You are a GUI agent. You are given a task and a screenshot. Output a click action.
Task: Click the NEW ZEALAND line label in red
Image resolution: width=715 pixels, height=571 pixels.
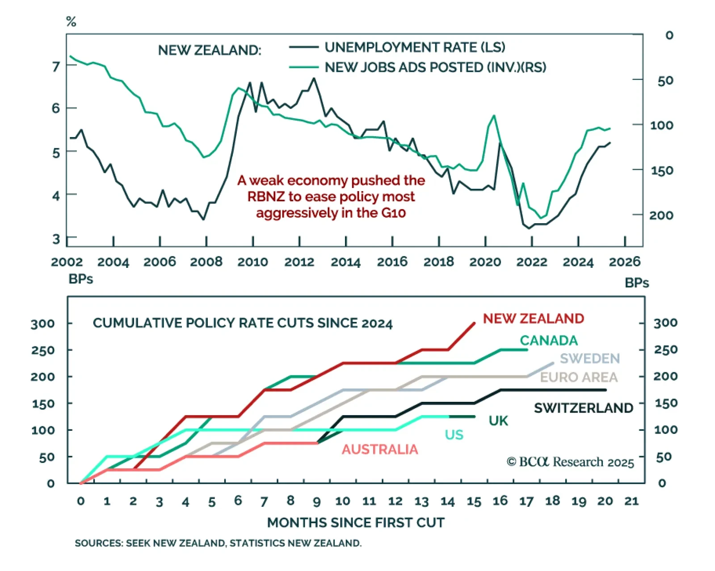click(x=533, y=318)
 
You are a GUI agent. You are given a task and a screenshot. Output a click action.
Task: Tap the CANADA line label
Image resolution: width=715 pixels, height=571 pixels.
click(x=548, y=340)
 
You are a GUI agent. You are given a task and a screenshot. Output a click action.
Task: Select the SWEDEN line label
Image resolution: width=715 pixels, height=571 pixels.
click(x=589, y=358)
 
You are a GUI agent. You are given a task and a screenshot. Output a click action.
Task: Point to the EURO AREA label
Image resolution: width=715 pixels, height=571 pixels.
click(x=579, y=377)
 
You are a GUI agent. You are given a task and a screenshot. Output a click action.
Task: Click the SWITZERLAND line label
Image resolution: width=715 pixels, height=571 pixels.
click(x=583, y=408)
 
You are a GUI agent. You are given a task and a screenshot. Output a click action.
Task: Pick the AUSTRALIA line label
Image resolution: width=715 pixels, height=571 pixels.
click(x=380, y=449)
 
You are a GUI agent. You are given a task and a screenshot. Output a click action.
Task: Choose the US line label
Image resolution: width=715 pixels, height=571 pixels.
click(x=454, y=434)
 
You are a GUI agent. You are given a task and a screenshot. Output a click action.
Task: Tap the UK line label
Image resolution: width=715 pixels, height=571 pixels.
click(x=498, y=421)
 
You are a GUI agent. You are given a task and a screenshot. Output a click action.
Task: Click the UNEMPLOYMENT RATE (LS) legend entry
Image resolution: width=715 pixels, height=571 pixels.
click(x=415, y=47)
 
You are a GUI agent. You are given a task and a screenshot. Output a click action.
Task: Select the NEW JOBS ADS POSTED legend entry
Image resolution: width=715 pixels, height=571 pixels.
click(x=435, y=67)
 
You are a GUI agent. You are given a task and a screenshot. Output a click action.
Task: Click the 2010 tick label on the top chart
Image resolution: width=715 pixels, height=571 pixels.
click(x=252, y=262)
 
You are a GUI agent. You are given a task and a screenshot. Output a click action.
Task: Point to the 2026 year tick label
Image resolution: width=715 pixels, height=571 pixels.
click(x=624, y=262)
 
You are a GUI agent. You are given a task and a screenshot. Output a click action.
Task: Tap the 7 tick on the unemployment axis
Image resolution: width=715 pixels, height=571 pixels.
click(x=56, y=67)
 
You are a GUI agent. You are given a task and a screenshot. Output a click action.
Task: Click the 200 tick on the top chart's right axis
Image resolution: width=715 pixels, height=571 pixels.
click(x=661, y=215)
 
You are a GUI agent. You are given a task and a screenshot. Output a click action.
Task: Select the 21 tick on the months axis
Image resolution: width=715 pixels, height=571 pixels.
click(x=631, y=501)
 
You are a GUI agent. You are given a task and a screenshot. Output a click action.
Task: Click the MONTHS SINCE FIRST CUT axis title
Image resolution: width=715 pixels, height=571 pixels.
click(x=356, y=522)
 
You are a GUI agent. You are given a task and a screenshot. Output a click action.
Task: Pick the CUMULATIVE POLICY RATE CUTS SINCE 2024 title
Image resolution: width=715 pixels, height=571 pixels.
click(x=243, y=323)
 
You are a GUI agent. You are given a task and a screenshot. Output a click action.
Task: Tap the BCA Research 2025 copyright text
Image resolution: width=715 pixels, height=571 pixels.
click(x=570, y=462)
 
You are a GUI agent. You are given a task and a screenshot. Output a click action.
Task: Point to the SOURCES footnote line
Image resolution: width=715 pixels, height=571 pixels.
click(x=218, y=543)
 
